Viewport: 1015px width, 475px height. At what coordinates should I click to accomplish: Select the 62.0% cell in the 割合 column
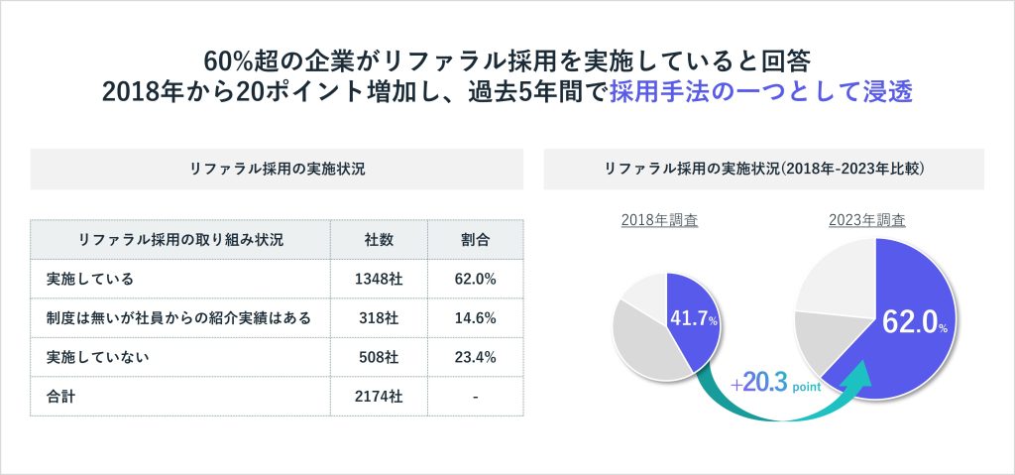coord(475,279)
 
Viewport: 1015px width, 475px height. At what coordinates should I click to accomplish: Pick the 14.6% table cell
coord(475,317)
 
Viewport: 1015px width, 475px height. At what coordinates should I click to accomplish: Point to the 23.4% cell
coord(475,356)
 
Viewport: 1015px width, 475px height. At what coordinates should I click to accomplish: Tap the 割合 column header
coord(475,240)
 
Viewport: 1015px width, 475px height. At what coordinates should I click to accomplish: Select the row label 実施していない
coord(97,356)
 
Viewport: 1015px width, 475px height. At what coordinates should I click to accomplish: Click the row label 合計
coord(61,396)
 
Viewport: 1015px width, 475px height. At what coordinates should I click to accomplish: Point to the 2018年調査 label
coord(659,220)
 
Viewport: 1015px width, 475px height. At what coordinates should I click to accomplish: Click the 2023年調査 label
coord(866,220)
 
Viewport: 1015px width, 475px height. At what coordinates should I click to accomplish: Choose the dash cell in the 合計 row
coord(475,396)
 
